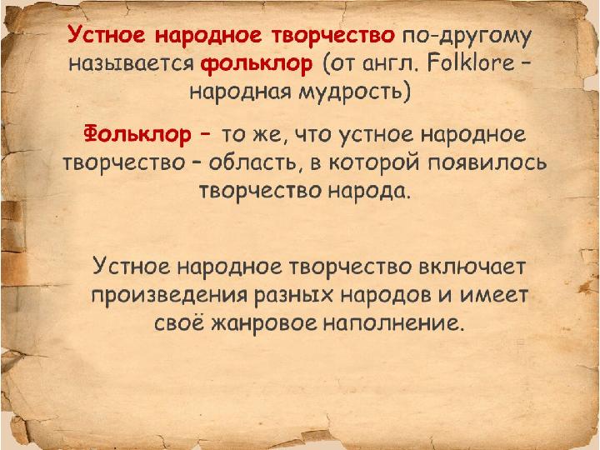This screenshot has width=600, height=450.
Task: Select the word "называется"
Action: click(x=132, y=65)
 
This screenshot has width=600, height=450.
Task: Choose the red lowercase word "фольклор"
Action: click(x=257, y=64)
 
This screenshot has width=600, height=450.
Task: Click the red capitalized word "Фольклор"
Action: click(x=137, y=134)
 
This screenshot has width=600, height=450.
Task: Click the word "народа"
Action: click(x=369, y=192)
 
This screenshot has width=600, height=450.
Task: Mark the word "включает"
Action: click(x=472, y=267)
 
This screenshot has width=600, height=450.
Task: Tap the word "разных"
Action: click(x=293, y=297)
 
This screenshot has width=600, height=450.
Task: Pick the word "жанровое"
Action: click(x=264, y=324)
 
